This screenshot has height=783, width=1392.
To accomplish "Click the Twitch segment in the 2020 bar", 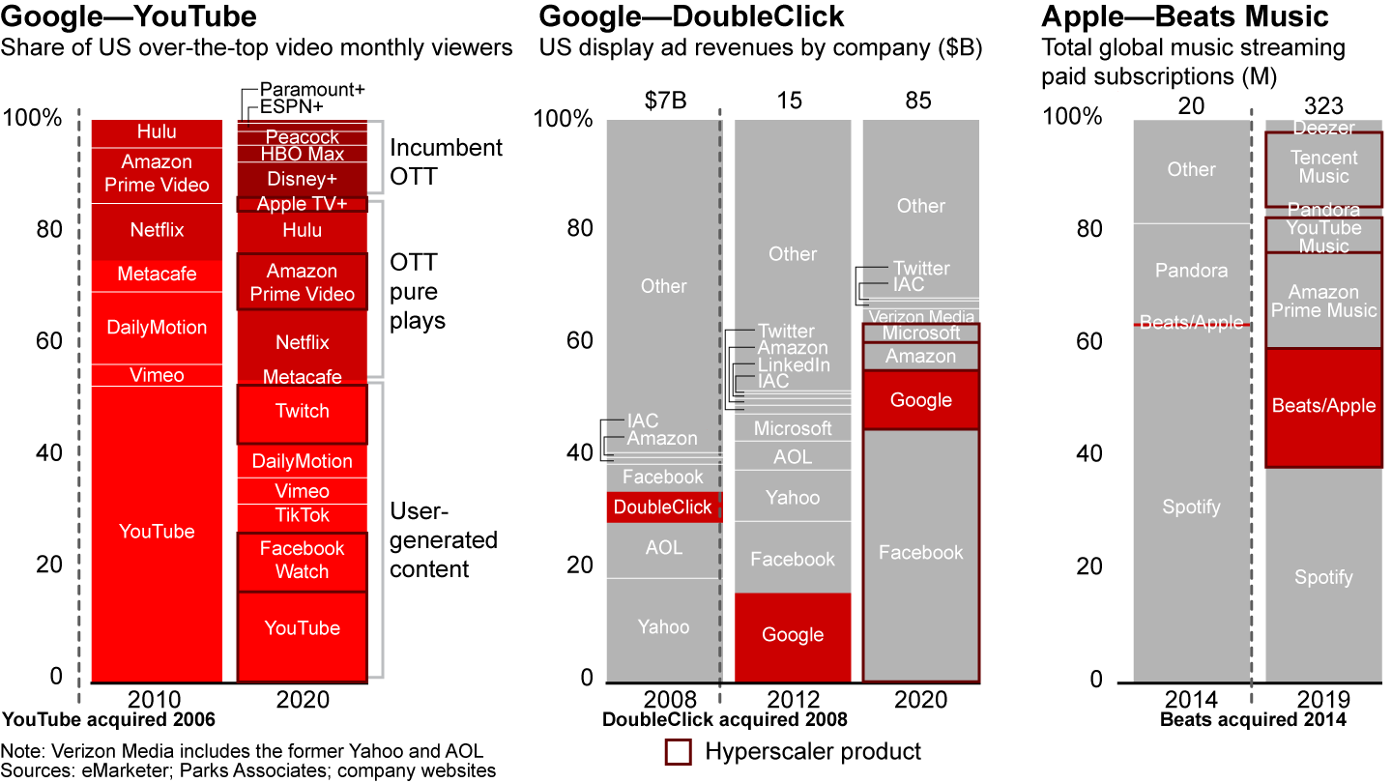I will (x=303, y=413).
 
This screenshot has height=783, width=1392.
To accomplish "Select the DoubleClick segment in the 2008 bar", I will (x=663, y=507).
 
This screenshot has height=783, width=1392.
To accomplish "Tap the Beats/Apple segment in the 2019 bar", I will (x=1323, y=407).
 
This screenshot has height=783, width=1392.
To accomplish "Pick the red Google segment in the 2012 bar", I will (x=793, y=636).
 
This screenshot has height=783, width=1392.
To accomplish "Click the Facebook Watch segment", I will (x=303, y=561).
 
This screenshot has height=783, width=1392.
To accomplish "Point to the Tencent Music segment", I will (x=1323, y=167).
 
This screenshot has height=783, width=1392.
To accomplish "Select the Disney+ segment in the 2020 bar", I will (x=303, y=179).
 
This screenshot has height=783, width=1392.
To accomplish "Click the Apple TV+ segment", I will (x=303, y=205).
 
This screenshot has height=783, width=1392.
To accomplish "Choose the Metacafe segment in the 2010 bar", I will (x=157, y=275).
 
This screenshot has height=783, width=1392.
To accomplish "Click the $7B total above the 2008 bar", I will (x=663, y=100).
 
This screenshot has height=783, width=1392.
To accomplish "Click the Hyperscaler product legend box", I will (x=680, y=752).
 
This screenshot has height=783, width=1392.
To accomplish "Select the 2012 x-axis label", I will (x=793, y=699).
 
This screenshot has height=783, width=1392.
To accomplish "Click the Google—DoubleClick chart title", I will (x=692, y=16).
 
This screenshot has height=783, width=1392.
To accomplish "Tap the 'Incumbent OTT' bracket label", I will (x=446, y=161).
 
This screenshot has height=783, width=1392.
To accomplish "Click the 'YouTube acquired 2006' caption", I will (x=108, y=719).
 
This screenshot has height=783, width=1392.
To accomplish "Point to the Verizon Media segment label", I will (x=921, y=316).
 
